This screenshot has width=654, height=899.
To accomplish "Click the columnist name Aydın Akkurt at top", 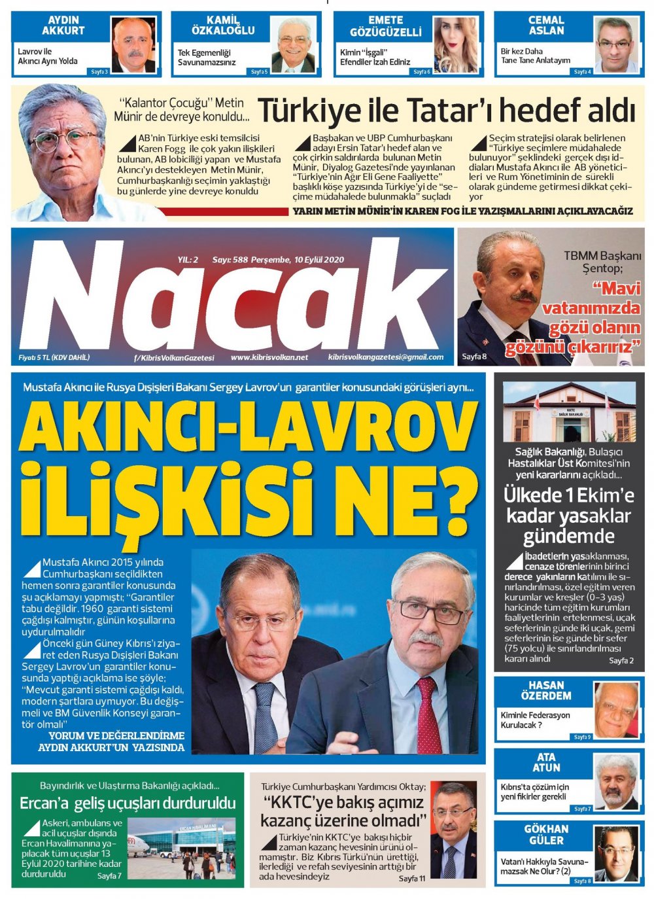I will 63,26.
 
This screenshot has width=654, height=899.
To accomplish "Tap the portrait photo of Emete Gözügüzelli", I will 454,44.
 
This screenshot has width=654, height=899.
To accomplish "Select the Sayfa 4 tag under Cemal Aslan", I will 581,71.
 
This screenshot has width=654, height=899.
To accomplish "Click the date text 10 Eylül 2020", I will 319,259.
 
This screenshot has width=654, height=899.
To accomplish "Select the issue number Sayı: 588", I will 230,259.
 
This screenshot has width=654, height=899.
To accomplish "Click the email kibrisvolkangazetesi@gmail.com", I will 386,357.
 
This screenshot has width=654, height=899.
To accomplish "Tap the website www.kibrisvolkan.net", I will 269,357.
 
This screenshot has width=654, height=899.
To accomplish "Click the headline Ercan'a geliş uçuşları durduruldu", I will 128,802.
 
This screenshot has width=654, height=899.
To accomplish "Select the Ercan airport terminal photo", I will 181,847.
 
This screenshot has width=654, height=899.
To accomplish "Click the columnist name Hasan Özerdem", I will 546,691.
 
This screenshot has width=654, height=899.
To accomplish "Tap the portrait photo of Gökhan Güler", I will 615,852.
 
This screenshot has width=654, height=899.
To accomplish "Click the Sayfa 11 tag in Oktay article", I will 411,878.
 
